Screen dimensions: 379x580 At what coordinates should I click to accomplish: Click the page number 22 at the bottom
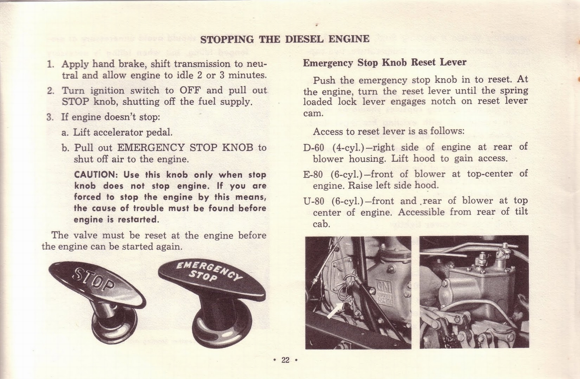coord(285,360)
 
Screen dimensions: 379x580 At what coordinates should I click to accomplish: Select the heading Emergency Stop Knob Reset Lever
coord(385,62)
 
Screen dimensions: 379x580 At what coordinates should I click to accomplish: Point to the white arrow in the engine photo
coord(334,311)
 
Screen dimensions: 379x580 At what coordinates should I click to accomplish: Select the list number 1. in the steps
coord(51,64)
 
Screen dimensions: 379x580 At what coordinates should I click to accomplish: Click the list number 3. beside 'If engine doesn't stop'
coord(50,117)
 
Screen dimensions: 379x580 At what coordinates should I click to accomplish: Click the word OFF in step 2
coord(190,90)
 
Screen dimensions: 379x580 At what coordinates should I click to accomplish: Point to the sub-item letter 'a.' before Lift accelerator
coord(65,132)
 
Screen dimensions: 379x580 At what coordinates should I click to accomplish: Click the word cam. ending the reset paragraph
coord(313,113)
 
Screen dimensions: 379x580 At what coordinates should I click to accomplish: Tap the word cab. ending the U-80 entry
coord(322,224)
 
